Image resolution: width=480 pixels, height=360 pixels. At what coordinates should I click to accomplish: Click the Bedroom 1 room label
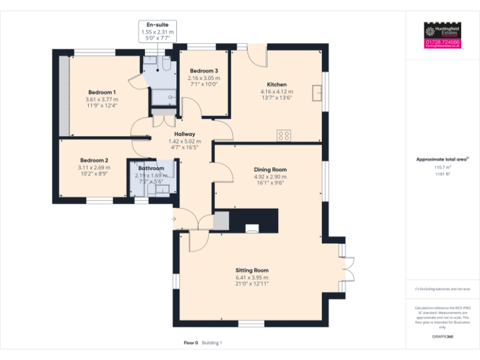click(x=101, y=92)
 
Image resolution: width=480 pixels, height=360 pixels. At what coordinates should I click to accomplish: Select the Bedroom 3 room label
click(x=204, y=71)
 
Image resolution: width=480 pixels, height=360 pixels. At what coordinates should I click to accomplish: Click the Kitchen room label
click(x=277, y=84)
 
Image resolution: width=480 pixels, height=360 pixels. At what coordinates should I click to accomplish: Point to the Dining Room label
click(x=270, y=169)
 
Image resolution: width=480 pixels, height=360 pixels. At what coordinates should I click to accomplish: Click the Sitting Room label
click(x=252, y=270)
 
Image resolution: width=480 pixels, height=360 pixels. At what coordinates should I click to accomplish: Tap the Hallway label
click(x=185, y=134)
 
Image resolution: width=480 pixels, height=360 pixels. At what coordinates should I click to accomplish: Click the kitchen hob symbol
click(x=284, y=134)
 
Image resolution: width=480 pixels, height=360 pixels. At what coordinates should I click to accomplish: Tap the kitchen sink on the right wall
click(x=319, y=94)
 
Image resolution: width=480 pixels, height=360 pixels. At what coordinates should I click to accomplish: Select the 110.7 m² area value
click(x=442, y=167)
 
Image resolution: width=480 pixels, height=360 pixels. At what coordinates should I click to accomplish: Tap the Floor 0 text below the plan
click(x=191, y=342)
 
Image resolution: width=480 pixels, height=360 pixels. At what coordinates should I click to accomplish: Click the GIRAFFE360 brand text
click(x=442, y=336)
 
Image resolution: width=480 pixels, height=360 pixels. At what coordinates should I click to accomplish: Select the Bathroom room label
click(x=151, y=168)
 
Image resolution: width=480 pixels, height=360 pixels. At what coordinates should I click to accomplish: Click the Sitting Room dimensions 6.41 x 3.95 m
click(x=252, y=277)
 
